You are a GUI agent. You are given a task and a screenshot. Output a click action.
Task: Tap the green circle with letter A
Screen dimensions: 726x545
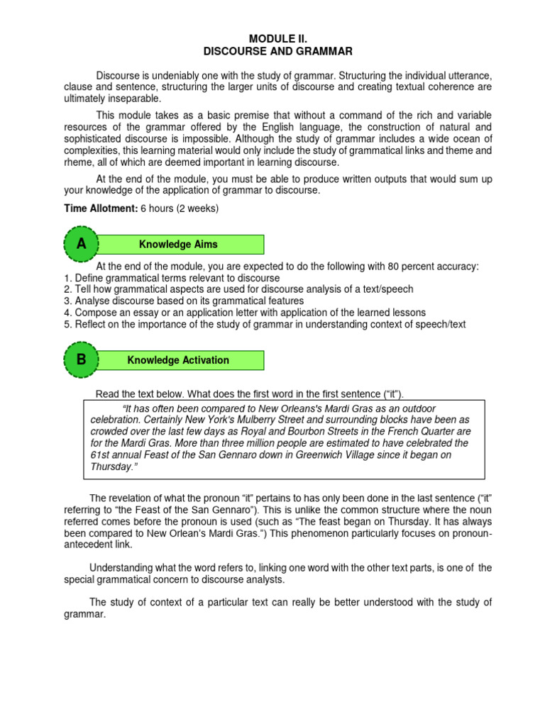82,244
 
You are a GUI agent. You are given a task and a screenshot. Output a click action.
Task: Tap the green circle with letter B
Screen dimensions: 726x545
82,359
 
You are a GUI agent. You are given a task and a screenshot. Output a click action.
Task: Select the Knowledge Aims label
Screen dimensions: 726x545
178,245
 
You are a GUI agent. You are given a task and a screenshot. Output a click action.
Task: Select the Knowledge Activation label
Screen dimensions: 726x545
178,360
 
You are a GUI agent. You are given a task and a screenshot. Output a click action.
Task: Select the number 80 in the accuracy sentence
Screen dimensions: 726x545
396,267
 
